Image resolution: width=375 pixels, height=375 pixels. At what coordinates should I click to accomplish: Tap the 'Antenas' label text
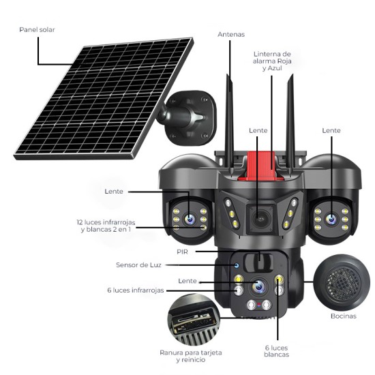click(231, 34)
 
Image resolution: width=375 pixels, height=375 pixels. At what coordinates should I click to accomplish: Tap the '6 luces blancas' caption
click(277, 350)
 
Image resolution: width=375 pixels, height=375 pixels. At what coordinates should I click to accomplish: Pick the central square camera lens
click(259, 218)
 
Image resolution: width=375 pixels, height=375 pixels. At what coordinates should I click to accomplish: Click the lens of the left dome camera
click(189, 218)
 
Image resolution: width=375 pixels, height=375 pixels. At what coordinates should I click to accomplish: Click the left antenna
click(230, 116)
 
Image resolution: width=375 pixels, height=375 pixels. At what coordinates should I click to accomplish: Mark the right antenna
click(290, 116)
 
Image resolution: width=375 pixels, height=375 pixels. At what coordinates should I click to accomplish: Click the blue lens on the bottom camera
click(258, 286)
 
